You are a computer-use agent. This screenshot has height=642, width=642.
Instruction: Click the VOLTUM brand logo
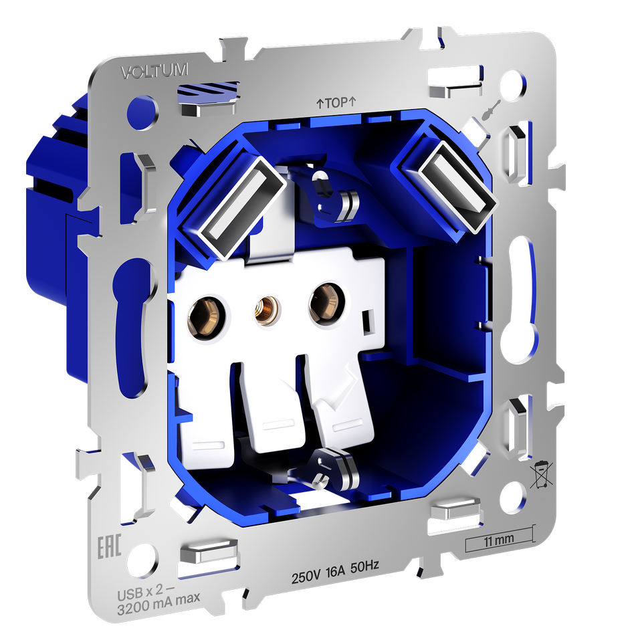click(154, 71)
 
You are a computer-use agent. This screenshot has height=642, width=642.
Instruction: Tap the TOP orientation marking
click(336, 102)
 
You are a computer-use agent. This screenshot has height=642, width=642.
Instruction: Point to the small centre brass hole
click(267, 310)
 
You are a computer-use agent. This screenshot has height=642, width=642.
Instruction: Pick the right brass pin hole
click(326, 304)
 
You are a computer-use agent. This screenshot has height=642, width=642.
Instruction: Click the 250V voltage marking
click(306, 576)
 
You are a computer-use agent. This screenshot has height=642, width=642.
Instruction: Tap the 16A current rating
click(335, 572)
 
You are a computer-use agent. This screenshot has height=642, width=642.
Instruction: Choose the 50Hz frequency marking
click(364, 567)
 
